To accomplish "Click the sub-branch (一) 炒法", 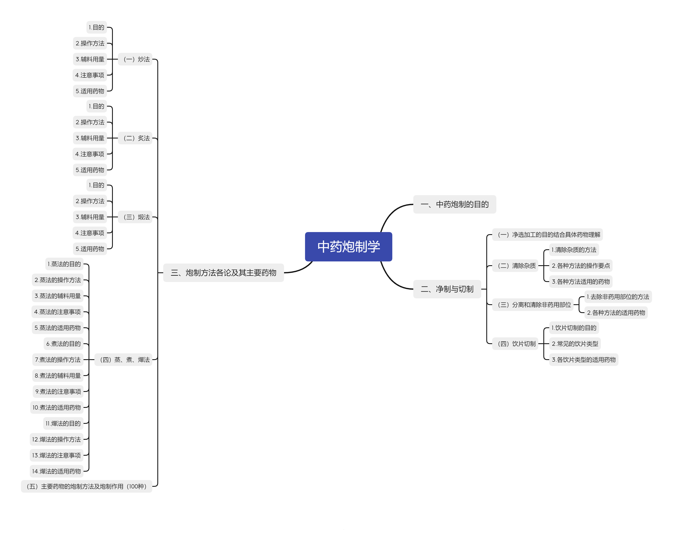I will pyautogui.click(x=135, y=59).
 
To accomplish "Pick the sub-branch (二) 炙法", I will pyautogui.click(x=135, y=138).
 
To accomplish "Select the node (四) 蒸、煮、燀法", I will pyautogui.click(x=124, y=360).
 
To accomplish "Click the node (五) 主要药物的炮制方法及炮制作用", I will pyautogui.click(x=87, y=486).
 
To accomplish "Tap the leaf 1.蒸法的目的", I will pyautogui.click(x=64, y=264).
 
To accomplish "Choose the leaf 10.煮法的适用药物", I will pyautogui.click(x=57, y=407).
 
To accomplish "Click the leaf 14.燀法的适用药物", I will pyautogui.click(x=57, y=471).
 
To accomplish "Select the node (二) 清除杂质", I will pyautogui.click(x=515, y=266).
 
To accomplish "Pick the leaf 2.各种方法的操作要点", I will pyautogui.click(x=580, y=266).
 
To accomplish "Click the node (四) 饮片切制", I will pyautogui.click(x=515, y=344).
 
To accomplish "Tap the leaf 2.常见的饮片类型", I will pyautogui.click(x=575, y=344).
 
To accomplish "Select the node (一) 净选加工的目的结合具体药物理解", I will pyautogui.click(x=547, y=235).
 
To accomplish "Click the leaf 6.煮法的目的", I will pyautogui.click(x=64, y=344).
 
